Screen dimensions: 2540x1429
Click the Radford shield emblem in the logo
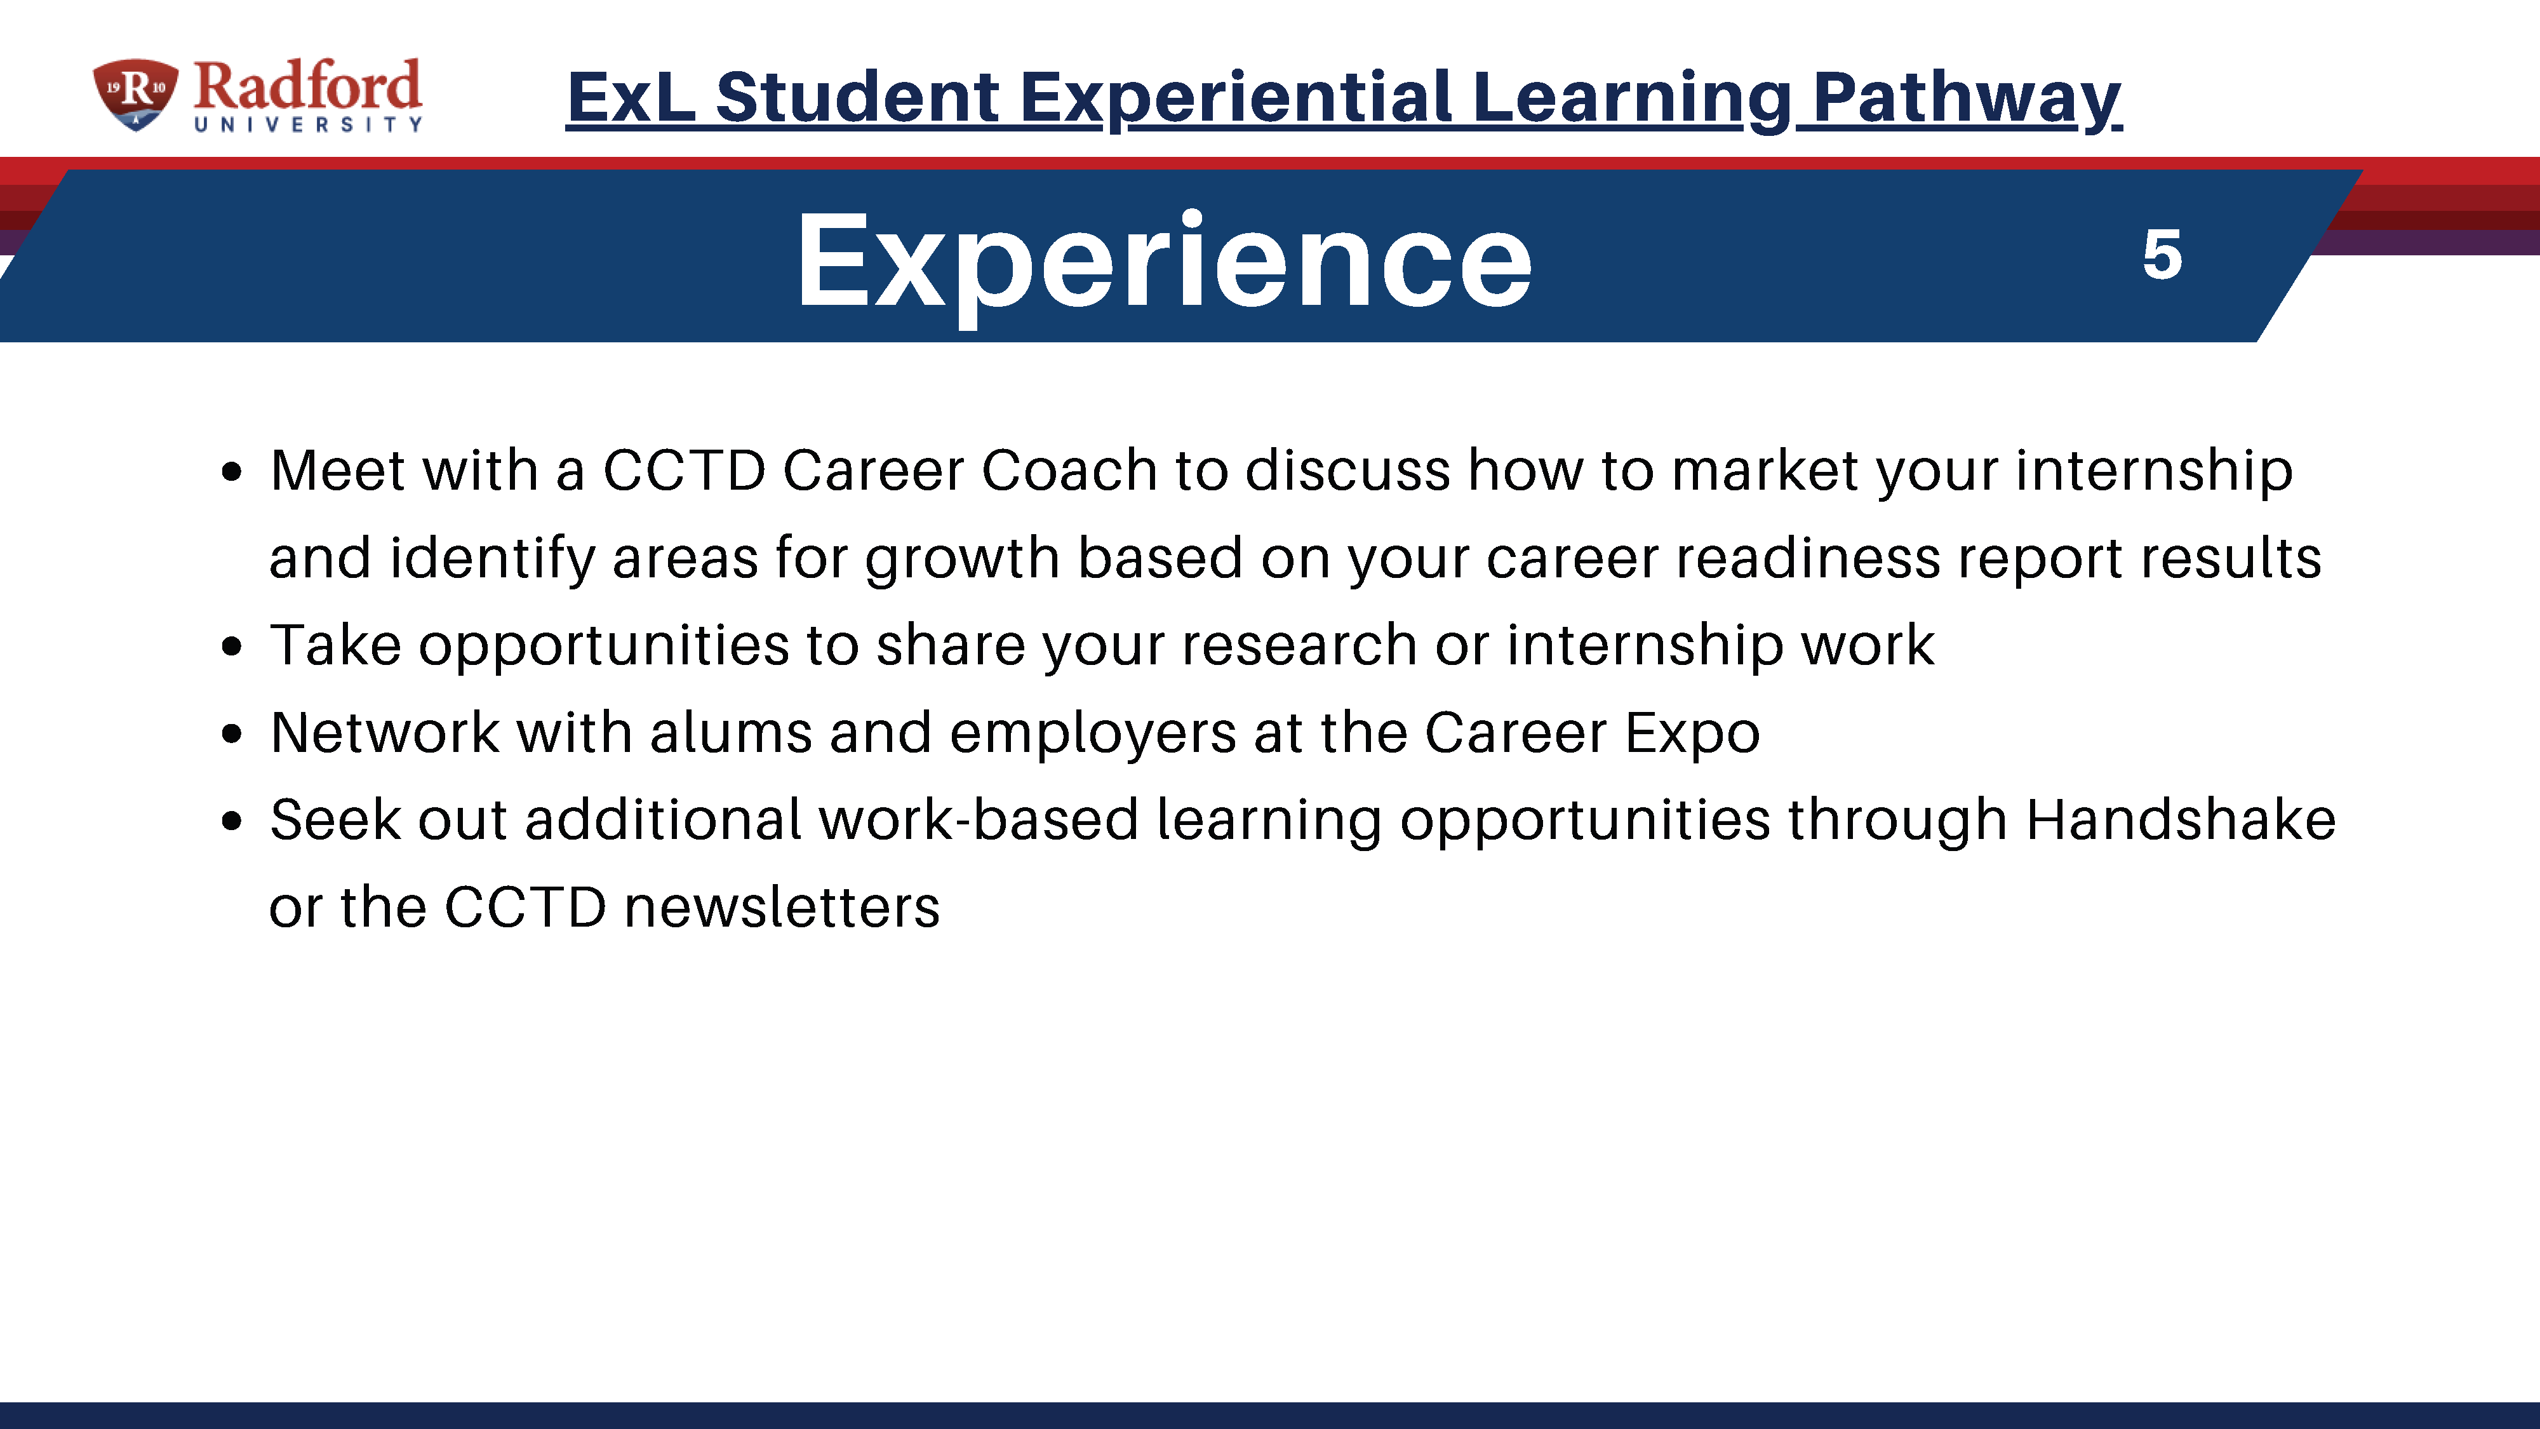136,94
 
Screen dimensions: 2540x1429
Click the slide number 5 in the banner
2162,255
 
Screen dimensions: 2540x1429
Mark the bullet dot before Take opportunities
232,648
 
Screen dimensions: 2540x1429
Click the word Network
385,733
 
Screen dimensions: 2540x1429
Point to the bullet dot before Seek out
232,821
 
